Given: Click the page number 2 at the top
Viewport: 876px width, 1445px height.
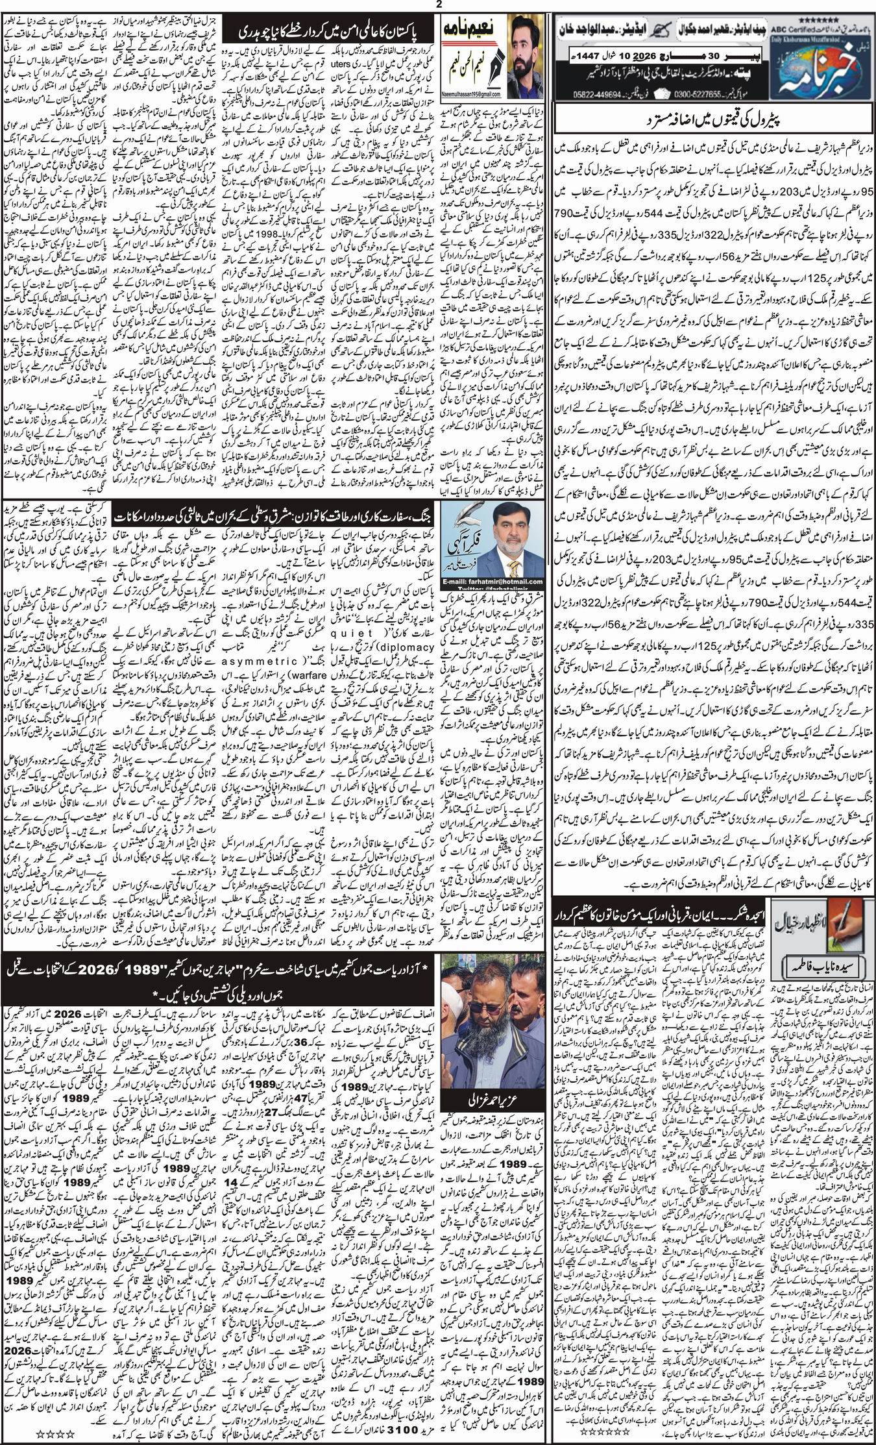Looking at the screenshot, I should pos(439,5).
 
